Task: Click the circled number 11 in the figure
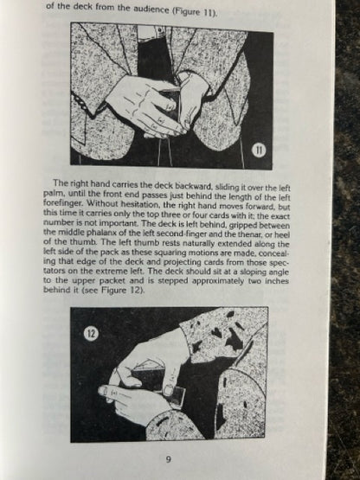click(x=260, y=150)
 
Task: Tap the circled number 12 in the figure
click(x=91, y=333)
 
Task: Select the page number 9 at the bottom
click(x=168, y=459)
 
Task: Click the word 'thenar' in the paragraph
click(x=271, y=235)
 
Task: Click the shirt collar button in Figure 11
click(x=159, y=30)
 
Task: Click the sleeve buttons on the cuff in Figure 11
click(x=80, y=103)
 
